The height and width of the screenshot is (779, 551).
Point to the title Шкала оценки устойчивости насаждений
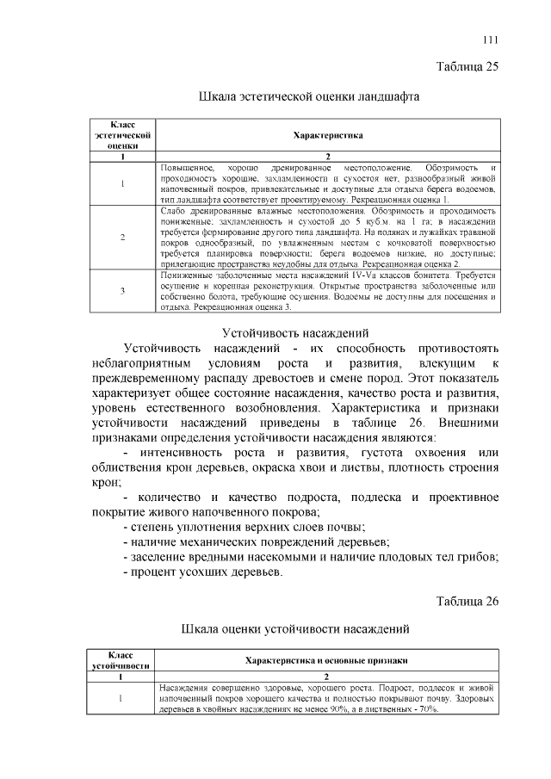pos(309,629)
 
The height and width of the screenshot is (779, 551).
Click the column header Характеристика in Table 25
pos(328,135)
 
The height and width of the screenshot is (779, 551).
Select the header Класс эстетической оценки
pos(123,135)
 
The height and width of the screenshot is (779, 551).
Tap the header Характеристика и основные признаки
pos(326,660)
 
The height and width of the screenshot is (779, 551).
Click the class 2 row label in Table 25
pos(123,238)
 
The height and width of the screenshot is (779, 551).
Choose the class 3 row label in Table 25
pos(123,290)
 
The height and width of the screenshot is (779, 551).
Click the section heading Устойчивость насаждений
pos(295,331)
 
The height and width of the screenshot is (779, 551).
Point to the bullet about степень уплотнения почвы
pos(245,526)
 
